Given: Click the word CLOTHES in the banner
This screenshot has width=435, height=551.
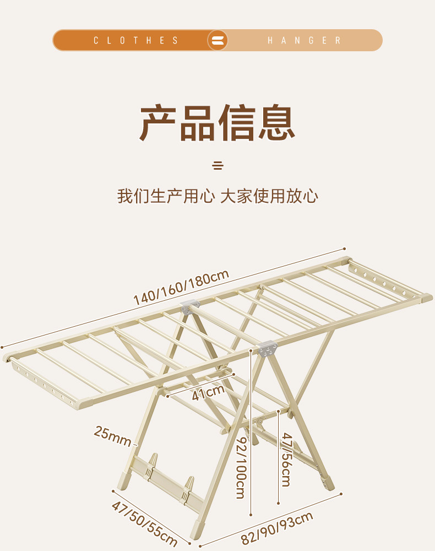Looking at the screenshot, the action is coord(136,40).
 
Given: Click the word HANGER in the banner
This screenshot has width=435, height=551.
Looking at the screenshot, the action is coord(304,40).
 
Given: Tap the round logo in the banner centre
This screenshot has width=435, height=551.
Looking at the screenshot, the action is coord(218,40).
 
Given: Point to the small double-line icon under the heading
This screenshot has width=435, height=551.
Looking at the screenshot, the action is coord(218,165).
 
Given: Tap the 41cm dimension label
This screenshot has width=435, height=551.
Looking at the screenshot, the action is coord(208,392).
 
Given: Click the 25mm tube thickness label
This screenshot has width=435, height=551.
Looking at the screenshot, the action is coord(112,435).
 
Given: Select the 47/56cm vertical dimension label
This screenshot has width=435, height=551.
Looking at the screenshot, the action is coord(287,459).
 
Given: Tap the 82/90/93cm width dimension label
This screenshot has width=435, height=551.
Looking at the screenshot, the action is coord(277,528).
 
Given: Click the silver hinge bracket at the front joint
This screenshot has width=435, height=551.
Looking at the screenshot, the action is coord(265,349).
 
